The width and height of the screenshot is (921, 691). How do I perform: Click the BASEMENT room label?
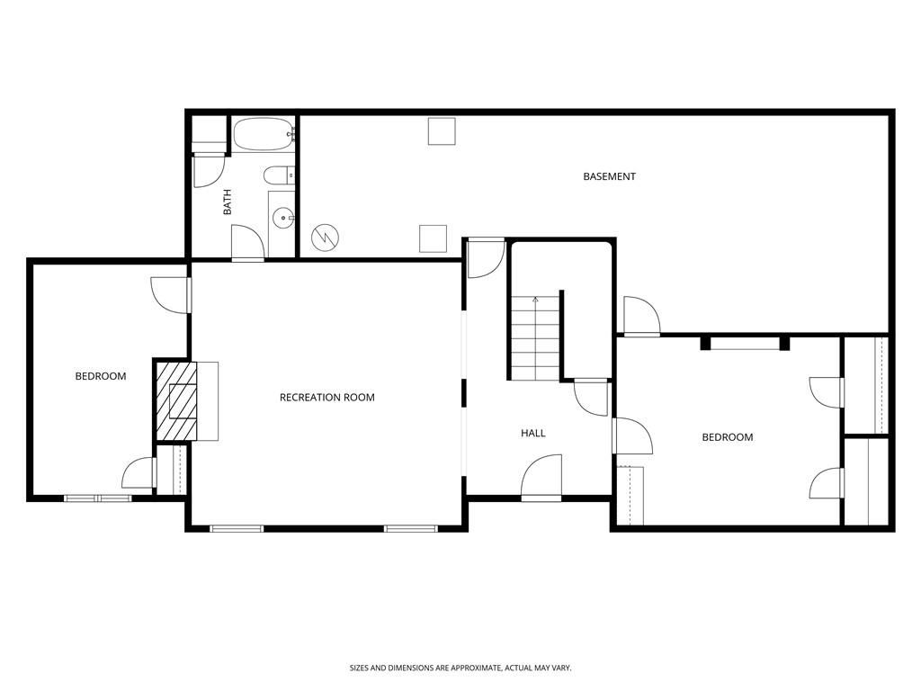pos(609,176)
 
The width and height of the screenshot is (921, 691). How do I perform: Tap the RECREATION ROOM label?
pos(326,397)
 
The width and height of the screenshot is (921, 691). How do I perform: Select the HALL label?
pos(533,433)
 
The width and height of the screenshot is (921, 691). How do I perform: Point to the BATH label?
pos(228,201)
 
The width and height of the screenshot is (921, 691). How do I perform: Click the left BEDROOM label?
pos(100,376)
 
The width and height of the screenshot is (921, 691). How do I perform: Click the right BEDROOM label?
pos(727,437)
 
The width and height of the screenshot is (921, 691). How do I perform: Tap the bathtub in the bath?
pos(263,135)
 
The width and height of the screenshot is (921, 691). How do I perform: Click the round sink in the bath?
pos(283,217)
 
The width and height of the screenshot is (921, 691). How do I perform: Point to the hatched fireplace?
pos(176,401)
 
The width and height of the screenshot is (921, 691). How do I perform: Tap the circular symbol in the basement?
pos(326,238)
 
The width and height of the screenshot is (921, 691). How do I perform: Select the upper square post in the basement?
pos(441,131)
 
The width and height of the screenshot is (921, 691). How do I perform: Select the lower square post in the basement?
pos(433,238)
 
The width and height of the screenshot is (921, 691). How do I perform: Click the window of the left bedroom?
pos(97,498)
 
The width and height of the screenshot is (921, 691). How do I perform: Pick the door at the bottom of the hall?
pos(541,479)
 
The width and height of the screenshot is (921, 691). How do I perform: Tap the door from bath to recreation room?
pos(246,244)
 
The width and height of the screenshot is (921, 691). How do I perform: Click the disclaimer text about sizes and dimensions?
pos(460,668)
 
